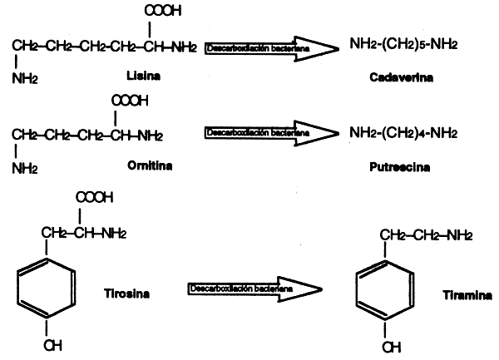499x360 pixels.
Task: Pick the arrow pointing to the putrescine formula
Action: coord(270,133)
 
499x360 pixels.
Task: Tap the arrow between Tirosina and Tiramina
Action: coord(254,288)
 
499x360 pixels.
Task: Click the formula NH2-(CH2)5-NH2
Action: coord(403,44)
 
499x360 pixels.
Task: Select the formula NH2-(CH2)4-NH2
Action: coord(403,132)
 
